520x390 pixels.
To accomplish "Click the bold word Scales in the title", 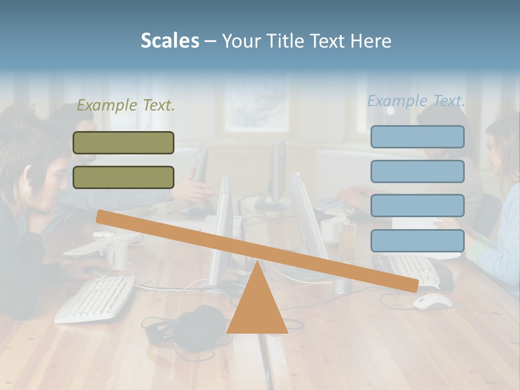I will (170, 41).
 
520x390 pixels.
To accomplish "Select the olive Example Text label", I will (126, 106).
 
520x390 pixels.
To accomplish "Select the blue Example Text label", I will (416, 101).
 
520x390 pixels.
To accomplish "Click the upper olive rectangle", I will (123, 143).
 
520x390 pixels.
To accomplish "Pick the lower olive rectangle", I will (123, 178).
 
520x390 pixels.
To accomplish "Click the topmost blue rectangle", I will (417, 137).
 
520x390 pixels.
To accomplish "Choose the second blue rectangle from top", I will (417, 172).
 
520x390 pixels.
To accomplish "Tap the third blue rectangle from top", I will (417, 206).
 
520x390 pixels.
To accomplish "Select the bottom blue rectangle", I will (417, 240).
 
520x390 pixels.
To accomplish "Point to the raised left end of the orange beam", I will (103, 217).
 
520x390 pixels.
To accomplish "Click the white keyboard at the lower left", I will (95, 298).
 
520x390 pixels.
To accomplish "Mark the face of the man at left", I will (41, 187).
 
